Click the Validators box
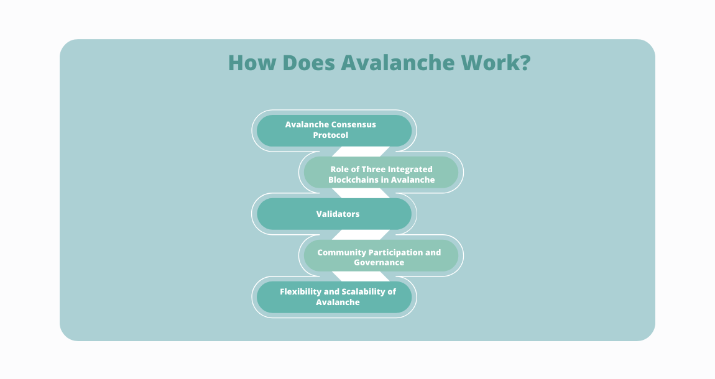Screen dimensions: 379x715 tap(334, 214)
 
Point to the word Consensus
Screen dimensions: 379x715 tap(353, 125)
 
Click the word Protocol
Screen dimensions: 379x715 tap(331, 135)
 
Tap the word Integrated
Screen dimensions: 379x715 tap(410, 169)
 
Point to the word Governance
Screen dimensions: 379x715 tap(379, 263)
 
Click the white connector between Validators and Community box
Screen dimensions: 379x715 tap(361, 235)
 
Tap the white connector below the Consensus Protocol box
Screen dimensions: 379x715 tap(361, 152)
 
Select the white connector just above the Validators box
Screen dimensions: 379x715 tap(361, 193)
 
